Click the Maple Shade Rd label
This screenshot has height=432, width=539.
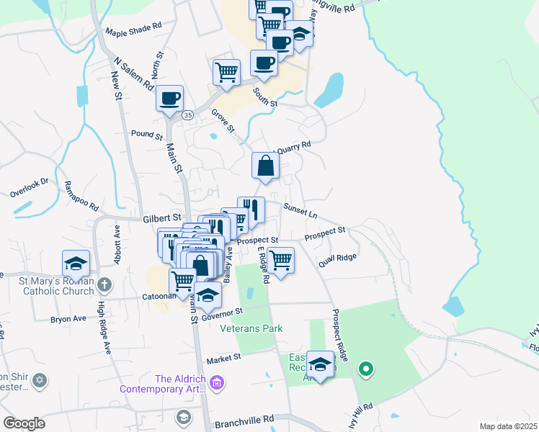pos(134,32)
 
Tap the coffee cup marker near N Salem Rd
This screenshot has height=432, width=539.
pos(169,98)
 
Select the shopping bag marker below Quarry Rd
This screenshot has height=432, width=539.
pos(266,166)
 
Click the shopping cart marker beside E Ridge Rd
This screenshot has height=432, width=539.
pos(280,259)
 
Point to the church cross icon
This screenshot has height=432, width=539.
pos(104,284)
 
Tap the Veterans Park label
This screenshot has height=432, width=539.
pos(251,328)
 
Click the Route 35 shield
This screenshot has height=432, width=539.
pos(188,114)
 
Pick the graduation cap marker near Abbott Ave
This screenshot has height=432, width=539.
pos(76,264)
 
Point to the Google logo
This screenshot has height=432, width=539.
pos(24,423)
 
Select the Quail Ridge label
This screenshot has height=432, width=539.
pos(341,256)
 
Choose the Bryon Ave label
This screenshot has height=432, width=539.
pos(68,318)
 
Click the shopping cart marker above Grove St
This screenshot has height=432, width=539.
pos(226,72)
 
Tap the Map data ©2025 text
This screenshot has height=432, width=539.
pos(507,426)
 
